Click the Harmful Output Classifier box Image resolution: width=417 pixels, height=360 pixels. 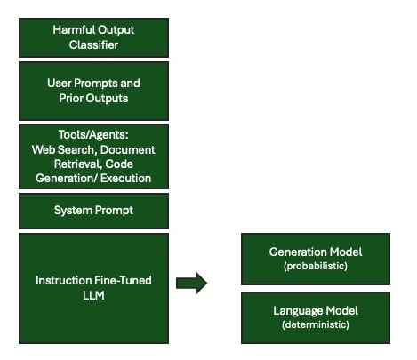point(93,36)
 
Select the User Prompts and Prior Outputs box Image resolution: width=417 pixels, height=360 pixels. point(93,89)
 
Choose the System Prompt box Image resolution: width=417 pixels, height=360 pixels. point(93,211)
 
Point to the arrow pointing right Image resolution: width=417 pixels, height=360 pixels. point(190,284)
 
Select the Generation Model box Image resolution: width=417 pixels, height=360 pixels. point(316,258)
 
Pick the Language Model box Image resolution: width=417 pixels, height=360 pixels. point(316,317)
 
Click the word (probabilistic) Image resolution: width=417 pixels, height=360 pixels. point(316,266)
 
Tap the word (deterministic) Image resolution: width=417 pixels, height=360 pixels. point(316,325)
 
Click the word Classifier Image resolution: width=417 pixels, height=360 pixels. point(93,43)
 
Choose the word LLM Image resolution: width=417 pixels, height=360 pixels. point(93,294)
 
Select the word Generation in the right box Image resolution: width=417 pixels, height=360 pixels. point(296,252)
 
